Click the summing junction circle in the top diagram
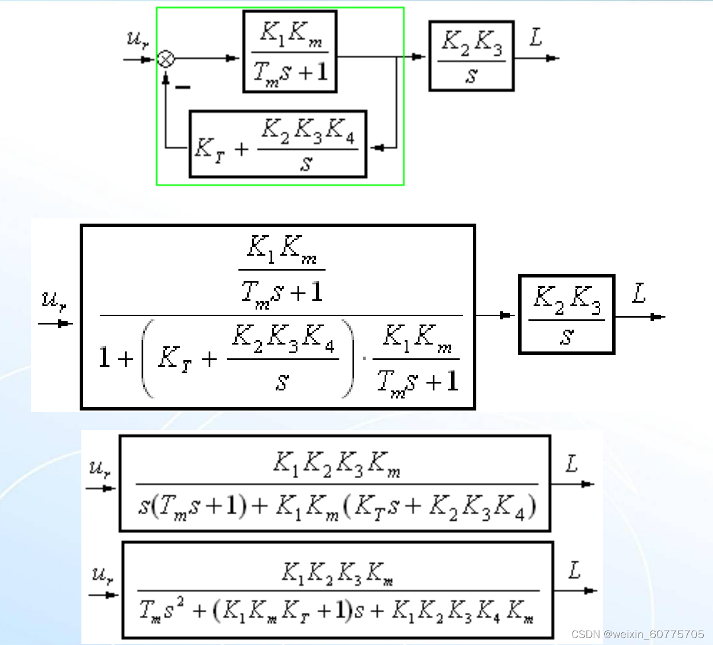coord(166,59)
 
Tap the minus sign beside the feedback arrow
coord(182,87)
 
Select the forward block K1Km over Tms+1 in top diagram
coord(290,52)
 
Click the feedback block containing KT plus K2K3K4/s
coord(278,144)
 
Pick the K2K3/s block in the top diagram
coord(471,56)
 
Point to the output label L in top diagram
coord(536,38)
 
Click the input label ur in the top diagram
coord(137,40)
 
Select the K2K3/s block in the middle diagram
coord(566,315)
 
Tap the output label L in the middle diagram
coord(639,294)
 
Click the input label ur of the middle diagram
coord(54,300)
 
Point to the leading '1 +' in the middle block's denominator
coord(115,358)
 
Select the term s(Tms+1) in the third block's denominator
coord(193,506)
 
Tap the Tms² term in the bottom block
coord(162,609)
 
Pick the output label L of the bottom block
coord(574,570)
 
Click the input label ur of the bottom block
coord(103,574)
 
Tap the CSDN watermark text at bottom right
coord(637,634)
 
